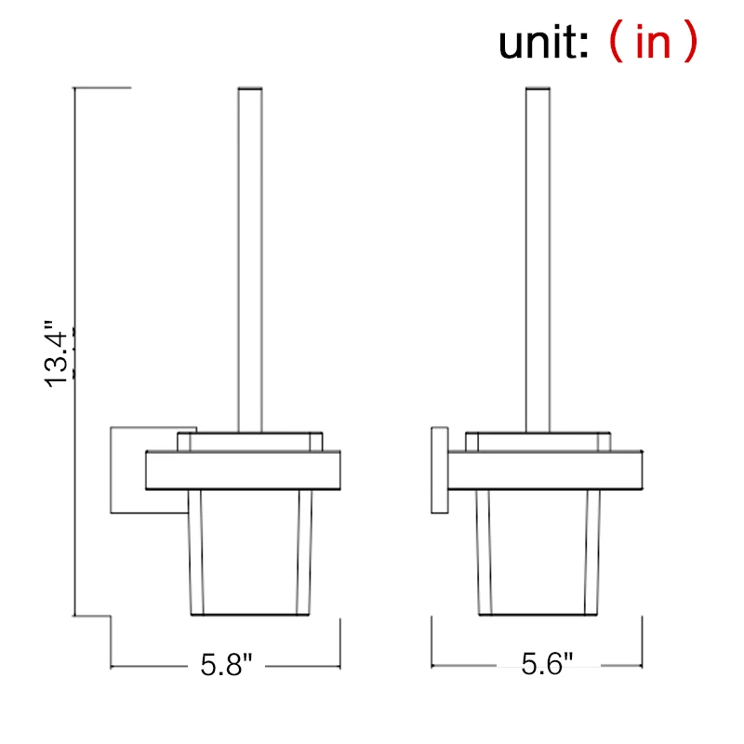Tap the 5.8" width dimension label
click(x=227, y=665)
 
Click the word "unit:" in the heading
click(x=544, y=43)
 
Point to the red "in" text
click(x=653, y=43)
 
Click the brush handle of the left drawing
click(x=250, y=260)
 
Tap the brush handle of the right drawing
click(x=538, y=260)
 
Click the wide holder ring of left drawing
click(x=244, y=471)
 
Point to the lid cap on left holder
click(x=250, y=441)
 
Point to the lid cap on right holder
click(x=538, y=441)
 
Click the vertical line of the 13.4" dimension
click(x=74, y=232)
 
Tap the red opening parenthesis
click(x=615, y=43)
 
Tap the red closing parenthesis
click(x=689, y=43)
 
